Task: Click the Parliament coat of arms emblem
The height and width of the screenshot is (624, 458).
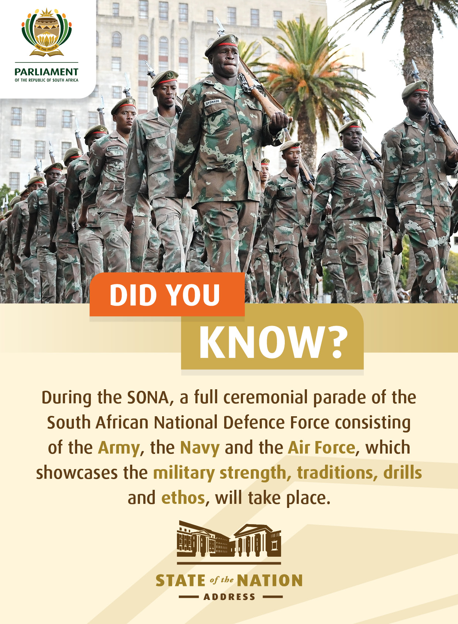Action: pos(47,32)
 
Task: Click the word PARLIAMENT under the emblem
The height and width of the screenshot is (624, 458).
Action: pos(47,72)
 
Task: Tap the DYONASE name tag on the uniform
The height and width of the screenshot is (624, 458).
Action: pos(213,102)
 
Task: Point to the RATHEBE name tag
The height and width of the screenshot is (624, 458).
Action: pos(113,148)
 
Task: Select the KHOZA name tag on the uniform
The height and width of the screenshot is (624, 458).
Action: pos(288,189)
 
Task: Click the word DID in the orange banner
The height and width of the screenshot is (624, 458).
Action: pos(133,295)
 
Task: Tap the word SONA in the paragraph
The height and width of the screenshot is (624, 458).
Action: pos(148,398)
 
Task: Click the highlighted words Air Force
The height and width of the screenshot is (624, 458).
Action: pos(322,448)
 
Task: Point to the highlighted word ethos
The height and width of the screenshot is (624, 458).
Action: pos(183,498)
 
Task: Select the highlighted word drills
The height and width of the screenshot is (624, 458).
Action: pos(403,472)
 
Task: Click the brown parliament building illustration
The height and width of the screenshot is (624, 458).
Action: pos(229,539)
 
